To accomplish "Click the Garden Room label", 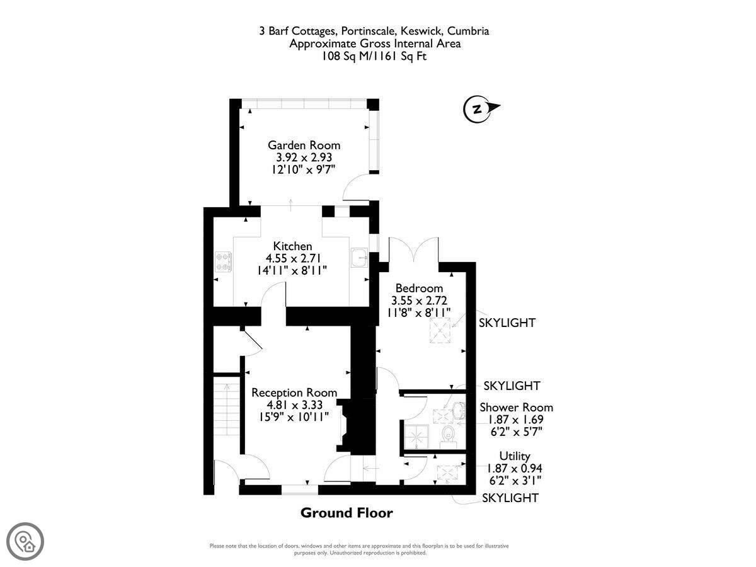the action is (304, 146).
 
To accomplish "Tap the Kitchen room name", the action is (292, 246).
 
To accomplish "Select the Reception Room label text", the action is (294, 392).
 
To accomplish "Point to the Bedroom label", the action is (419, 288).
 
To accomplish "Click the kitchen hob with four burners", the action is (224, 262).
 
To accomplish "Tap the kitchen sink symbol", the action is (360, 258).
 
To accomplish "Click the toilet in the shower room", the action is (449, 436).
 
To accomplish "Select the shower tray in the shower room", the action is (416, 437).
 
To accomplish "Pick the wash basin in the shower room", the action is (459, 410).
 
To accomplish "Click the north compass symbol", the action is (481, 109).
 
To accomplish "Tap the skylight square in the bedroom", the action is (440, 331).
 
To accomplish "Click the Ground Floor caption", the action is (346, 513).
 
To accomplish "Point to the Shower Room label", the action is (516, 408).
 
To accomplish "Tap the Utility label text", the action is (515, 456).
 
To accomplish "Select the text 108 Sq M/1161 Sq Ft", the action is (374, 56).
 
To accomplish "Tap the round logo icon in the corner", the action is (25, 542).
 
